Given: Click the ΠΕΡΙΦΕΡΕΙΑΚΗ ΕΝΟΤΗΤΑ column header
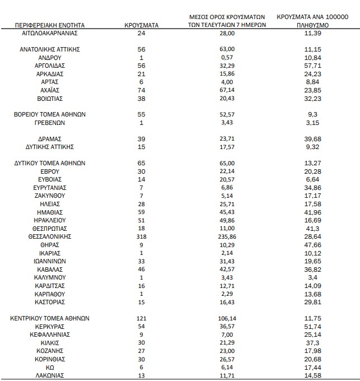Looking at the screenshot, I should (50, 25).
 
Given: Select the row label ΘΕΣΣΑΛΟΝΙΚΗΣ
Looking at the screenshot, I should (50, 237).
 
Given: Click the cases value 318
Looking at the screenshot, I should (141, 237).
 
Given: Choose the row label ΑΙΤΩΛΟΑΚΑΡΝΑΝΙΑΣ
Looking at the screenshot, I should (50, 34).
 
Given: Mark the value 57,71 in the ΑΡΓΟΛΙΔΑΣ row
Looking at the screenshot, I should (313, 66).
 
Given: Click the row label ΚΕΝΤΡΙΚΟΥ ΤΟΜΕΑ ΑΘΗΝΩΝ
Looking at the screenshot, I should (50, 318).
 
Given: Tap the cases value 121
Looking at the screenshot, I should (141, 318).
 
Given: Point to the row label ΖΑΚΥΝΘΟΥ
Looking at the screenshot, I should (50, 196).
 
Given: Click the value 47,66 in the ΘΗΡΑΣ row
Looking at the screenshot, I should (313, 245).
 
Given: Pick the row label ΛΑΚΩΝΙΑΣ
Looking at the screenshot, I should (50, 375).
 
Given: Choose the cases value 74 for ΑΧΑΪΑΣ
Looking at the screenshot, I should (141, 90).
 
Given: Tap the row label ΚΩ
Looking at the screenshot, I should (50, 367).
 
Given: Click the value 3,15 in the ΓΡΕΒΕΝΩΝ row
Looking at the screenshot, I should (313, 123).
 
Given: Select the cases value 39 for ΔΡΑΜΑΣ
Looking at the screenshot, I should (141, 139).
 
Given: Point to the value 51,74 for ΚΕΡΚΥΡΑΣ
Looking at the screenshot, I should (313, 326).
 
